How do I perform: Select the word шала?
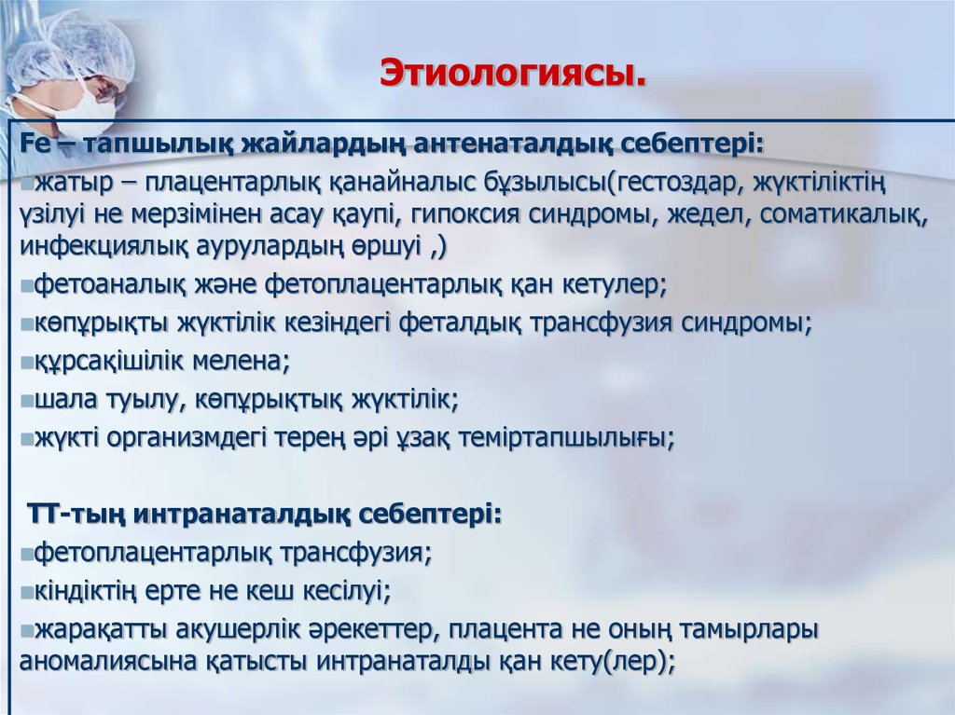tap(61, 398)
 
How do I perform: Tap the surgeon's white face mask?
tap(87, 104)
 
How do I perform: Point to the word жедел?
tap(712, 214)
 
